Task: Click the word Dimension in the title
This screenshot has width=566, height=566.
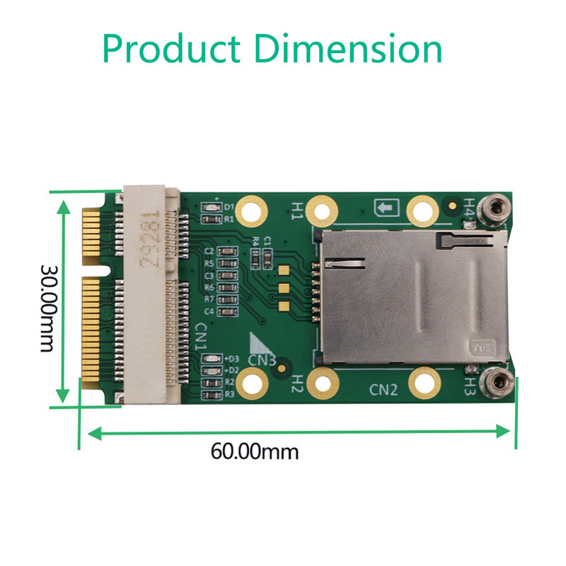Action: [x=348, y=48]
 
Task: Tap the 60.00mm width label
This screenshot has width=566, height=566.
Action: [x=255, y=451]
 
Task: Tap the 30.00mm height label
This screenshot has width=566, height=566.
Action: [x=48, y=308]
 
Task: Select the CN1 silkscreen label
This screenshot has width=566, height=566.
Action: [x=201, y=337]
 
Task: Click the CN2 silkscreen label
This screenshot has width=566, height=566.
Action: [x=384, y=388]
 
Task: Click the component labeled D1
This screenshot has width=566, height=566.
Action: [x=210, y=208]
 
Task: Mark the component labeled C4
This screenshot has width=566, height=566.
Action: [x=226, y=311]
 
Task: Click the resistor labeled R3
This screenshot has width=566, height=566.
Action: [x=210, y=395]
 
